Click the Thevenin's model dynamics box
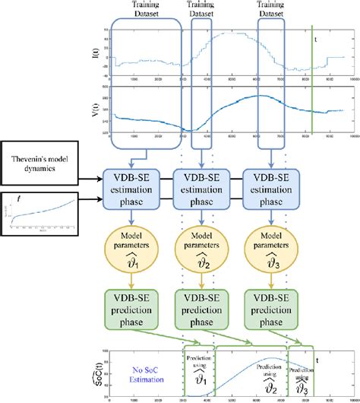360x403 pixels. [45, 161]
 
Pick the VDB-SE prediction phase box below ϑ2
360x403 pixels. [203, 313]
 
